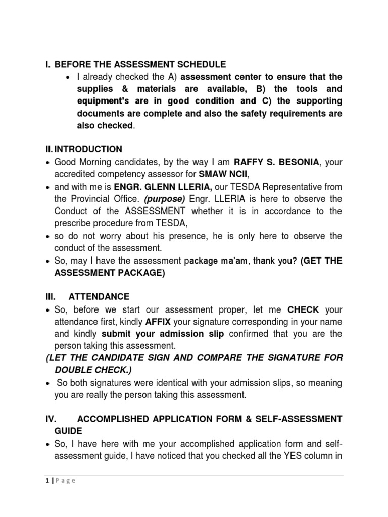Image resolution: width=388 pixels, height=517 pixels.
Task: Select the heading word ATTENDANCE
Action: [x=99, y=296]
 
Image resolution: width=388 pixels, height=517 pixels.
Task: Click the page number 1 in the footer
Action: [x=46, y=481]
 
